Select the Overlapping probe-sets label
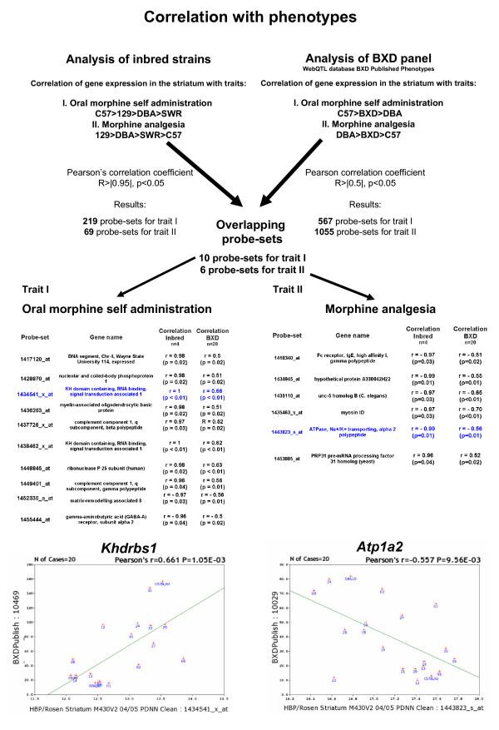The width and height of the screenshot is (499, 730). coord(249,229)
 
